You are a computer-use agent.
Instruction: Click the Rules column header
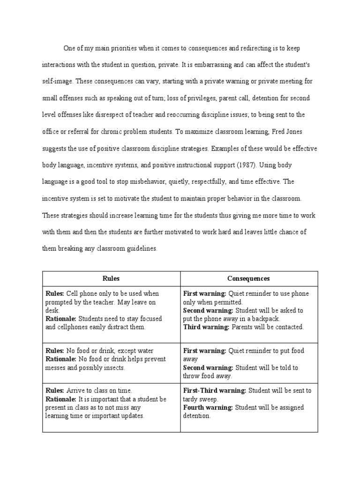(x=111, y=278)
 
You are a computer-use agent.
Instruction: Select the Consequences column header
(x=248, y=278)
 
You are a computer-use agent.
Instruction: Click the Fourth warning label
(x=207, y=408)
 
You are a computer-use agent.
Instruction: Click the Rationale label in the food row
(x=61, y=360)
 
